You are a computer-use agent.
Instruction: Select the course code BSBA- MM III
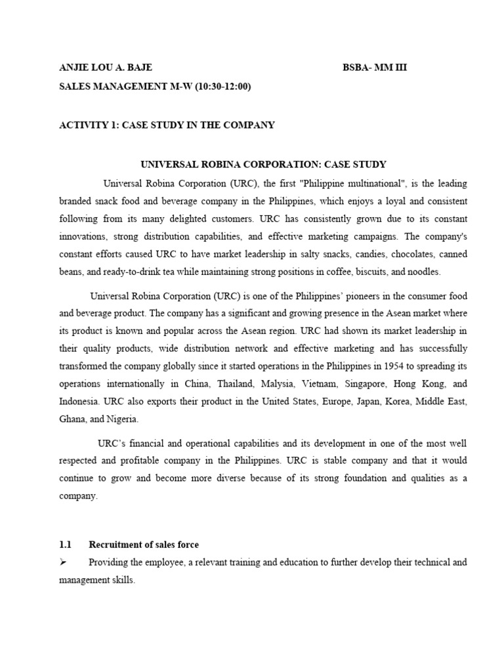point(375,68)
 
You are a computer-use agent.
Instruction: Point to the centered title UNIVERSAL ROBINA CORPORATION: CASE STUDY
point(264,164)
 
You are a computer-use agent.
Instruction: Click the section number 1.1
point(66,545)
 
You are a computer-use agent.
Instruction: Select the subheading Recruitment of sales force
point(144,545)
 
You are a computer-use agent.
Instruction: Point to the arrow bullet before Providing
point(64,563)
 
